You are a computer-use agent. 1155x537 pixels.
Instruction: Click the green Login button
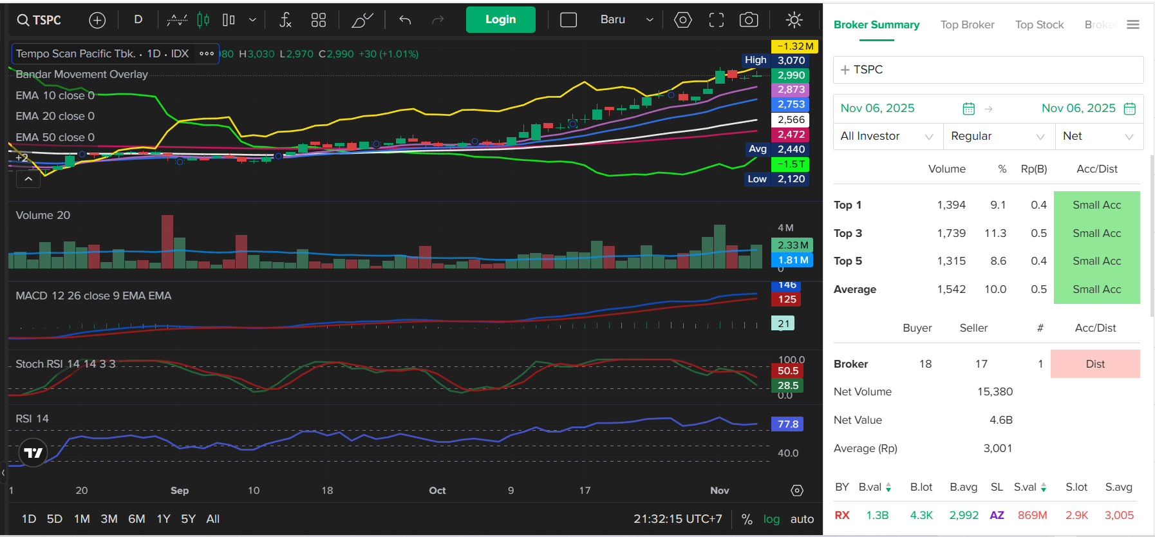500,19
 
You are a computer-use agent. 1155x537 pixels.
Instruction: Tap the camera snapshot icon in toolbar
748,20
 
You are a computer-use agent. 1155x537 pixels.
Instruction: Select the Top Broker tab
967,24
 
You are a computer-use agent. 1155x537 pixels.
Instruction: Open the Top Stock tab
1039,24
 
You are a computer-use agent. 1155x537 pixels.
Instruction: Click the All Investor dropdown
887,136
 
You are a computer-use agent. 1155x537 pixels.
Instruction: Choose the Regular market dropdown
997,136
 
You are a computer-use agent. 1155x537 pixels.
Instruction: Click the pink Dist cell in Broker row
1094,364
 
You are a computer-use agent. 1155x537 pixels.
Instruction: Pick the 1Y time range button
164,519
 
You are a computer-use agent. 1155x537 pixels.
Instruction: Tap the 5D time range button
55,519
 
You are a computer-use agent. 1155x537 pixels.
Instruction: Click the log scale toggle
771,519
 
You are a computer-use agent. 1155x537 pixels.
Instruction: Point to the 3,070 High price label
791,61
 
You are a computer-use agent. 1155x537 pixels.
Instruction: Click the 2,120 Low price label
791,179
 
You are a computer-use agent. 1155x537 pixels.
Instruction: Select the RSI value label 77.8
787,424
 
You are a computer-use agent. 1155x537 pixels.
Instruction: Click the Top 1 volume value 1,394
951,205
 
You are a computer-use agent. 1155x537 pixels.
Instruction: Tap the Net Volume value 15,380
995,391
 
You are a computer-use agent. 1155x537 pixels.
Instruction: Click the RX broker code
842,515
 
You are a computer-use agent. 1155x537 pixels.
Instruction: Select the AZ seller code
997,515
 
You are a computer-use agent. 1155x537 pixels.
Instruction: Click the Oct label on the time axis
437,491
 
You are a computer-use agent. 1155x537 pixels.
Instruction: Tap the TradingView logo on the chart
33,453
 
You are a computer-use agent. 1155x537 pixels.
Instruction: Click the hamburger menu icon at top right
1133,24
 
